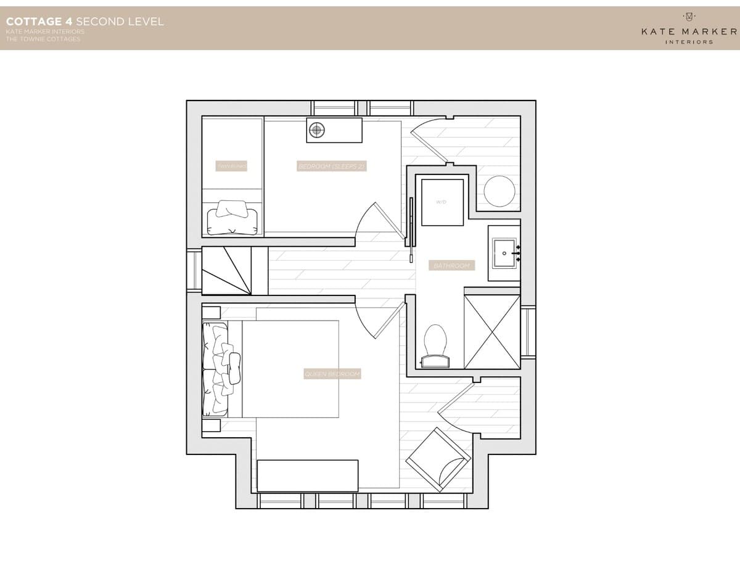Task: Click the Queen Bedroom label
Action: (332, 374)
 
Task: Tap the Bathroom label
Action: (452, 266)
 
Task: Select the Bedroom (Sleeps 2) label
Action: (332, 166)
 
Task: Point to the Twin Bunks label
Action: (232, 166)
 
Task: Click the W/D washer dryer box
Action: (442, 202)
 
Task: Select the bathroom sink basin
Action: (505, 253)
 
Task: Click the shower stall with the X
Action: (492, 332)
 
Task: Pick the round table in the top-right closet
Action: (499, 191)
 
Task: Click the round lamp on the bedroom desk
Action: (317, 129)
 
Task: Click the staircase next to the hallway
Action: (228, 270)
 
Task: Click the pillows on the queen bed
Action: (222, 369)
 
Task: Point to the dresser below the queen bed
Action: (308, 475)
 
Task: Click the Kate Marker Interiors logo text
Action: (689, 31)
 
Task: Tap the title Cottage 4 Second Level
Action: (84, 22)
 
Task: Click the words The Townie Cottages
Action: (43, 39)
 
